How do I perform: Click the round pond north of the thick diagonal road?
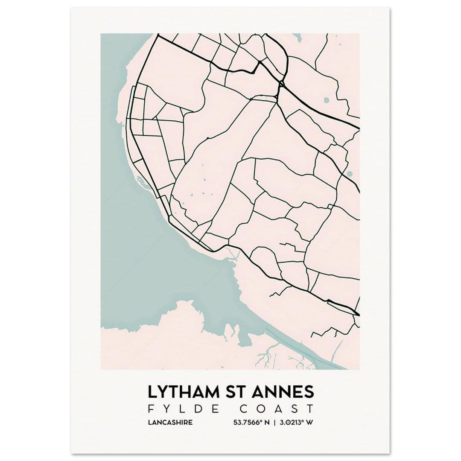click(x=327, y=101)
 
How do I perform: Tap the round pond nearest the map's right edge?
click(x=350, y=174)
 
